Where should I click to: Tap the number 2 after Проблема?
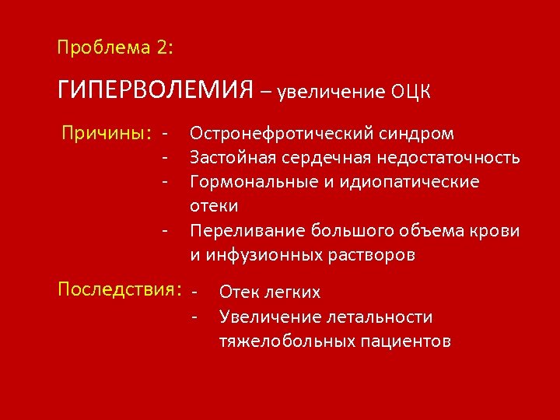tap(162, 47)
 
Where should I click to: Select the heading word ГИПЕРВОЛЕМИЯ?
tap(156, 90)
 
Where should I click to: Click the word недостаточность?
tap(448, 158)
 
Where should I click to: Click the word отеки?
tap(214, 206)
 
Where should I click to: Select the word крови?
tap(496, 230)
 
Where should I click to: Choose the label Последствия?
tap(119, 290)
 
